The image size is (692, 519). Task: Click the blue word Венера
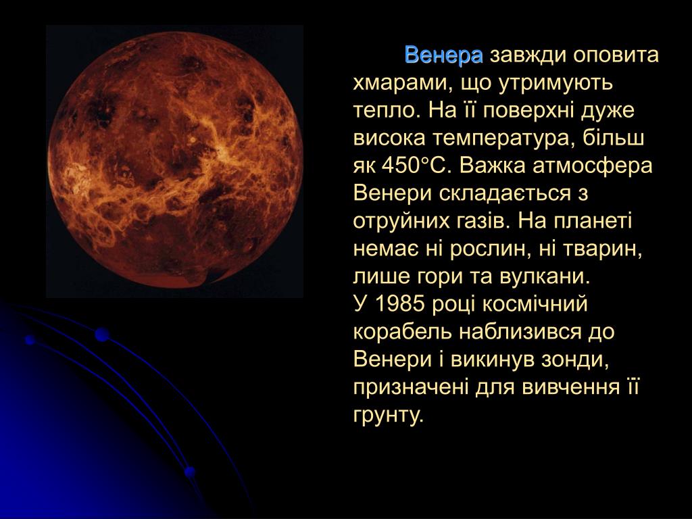tap(443, 55)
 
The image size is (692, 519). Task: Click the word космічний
tap(535, 304)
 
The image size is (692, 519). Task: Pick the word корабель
tap(403, 332)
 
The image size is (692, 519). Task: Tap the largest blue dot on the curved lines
tap(102, 335)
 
